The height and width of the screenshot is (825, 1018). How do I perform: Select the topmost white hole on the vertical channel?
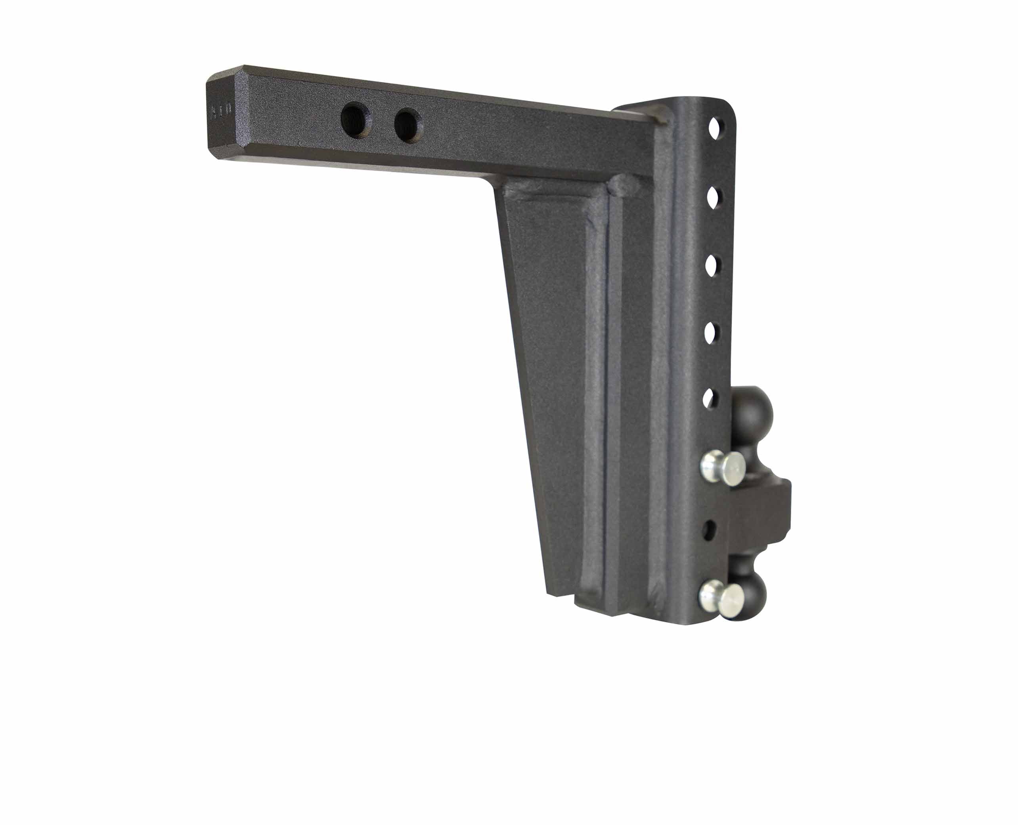tap(716, 128)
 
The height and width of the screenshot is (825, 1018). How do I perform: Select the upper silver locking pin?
tap(725, 468)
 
